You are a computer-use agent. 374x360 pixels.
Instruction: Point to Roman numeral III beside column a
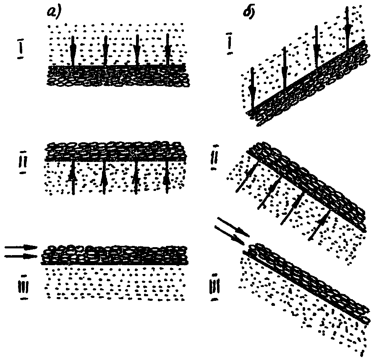(x=24, y=287)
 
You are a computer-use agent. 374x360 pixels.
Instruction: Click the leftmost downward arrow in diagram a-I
(x=73, y=50)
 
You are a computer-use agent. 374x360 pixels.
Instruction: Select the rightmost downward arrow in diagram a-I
(x=167, y=50)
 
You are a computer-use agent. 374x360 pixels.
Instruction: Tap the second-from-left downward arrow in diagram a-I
(x=105, y=50)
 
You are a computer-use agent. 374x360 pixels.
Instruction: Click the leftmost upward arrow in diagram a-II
(x=73, y=177)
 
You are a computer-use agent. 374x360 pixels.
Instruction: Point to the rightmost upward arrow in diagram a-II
(x=167, y=177)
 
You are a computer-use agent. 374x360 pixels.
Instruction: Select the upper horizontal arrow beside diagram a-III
(x=21, y=248)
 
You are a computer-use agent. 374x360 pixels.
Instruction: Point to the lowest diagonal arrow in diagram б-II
(x=319, y=225)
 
